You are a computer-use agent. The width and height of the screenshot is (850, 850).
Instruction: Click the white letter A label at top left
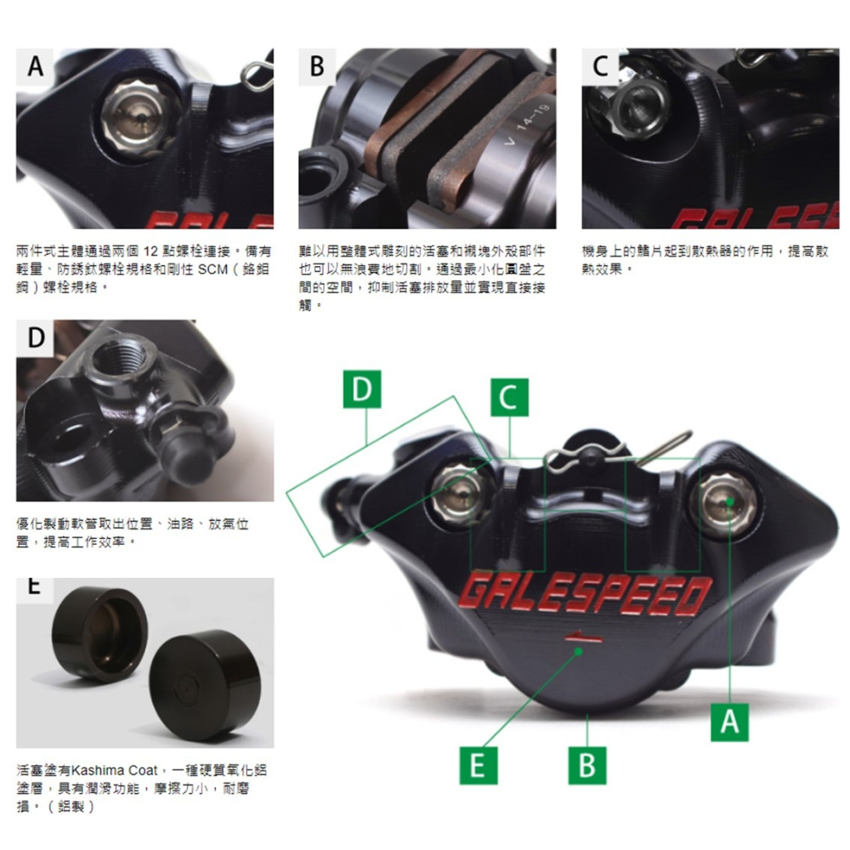(x=35, y=65)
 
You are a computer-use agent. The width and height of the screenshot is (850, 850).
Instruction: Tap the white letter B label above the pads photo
(x=317, y=65)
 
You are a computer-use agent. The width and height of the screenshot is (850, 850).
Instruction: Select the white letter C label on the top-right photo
(x=600, y=65)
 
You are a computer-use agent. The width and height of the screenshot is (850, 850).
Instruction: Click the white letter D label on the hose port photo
(x=35, y=337)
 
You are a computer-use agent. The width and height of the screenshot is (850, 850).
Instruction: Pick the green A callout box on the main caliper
(x=729, y=722)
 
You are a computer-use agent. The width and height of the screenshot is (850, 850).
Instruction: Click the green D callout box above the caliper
(x=362, y=390)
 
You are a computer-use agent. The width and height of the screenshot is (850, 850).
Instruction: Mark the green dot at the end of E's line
(x=579, y=651)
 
